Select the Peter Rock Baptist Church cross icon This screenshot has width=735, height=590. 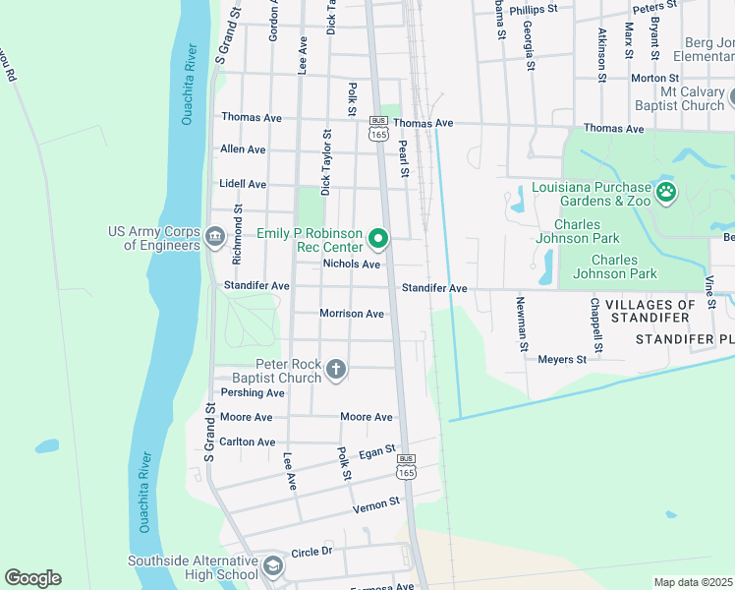336,370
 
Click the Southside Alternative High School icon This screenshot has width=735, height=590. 272,567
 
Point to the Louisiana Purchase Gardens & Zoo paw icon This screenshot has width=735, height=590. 667,192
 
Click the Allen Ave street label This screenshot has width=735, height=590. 243,149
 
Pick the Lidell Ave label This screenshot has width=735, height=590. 243,184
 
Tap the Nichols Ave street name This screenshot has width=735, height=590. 352,265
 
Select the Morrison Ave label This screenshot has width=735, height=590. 352,314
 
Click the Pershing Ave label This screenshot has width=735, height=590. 252,393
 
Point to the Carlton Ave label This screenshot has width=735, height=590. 248,442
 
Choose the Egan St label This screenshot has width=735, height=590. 376,452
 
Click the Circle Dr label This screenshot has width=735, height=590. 312,553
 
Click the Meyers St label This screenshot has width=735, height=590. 562,360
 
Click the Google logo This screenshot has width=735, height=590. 32,578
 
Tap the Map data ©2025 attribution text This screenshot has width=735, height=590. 693,582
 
